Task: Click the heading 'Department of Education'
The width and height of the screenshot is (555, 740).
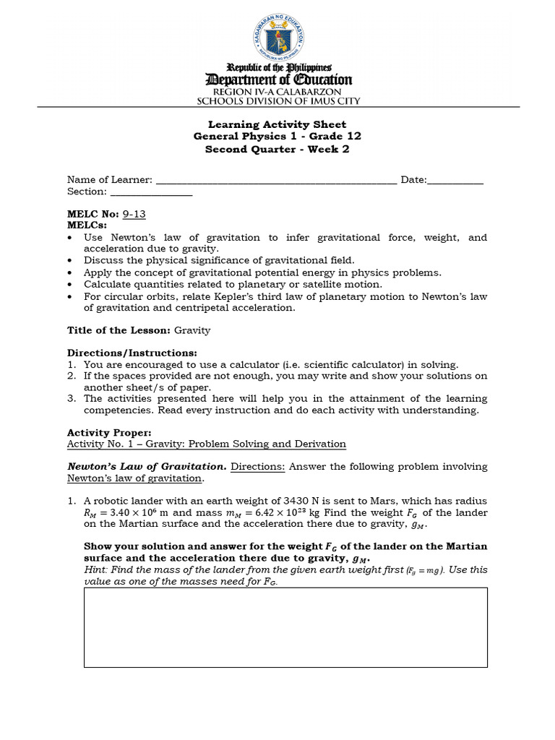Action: (x=278, y=80)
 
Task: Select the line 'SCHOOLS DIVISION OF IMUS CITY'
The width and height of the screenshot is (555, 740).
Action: (x=278, y=102)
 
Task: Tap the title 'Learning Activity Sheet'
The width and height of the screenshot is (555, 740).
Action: (x=277, y=124)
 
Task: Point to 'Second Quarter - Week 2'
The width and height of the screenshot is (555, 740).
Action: (x=277, y=150)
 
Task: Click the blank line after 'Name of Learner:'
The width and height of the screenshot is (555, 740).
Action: (x=276, y=181)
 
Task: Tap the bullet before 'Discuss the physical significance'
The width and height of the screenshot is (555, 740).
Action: (x=70, y=261)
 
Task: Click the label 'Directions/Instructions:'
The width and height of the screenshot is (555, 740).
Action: (x=132, y=353)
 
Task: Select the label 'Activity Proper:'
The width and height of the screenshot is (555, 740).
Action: (x=109, y=433)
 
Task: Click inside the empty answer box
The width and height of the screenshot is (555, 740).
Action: (x=285, y=627)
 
